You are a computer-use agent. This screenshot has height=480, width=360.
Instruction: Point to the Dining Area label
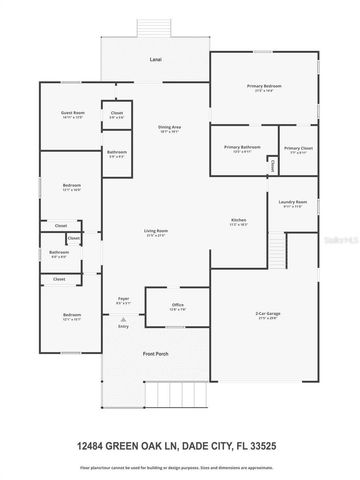tap(169, 127)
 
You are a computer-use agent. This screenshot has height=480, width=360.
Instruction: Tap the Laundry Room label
tap(292, 202)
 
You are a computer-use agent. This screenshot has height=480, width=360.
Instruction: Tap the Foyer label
tap(124, 299)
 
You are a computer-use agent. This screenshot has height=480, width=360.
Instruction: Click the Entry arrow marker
tap(124, 322)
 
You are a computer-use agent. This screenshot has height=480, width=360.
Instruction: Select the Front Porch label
tap(155, 354)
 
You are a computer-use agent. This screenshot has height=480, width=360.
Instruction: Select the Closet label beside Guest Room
tap(117, 113)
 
